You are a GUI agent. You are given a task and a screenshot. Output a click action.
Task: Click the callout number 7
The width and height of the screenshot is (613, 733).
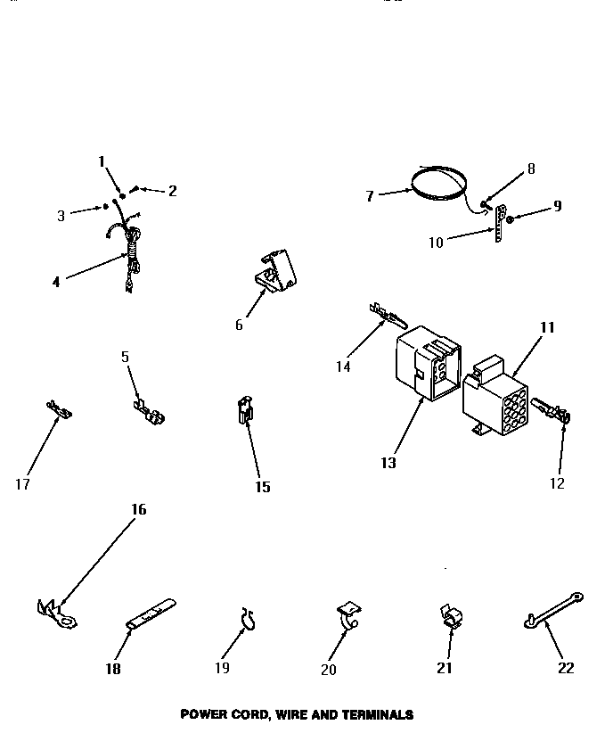(369, 196)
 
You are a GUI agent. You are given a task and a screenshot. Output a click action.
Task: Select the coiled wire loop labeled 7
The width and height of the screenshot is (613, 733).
(438, 182)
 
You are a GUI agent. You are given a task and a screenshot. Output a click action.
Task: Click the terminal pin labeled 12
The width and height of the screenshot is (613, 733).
(552, 412)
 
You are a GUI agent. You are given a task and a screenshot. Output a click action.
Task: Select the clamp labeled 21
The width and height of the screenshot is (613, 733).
(453, 616)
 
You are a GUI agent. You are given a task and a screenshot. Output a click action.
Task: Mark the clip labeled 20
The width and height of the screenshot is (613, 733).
(348, 614)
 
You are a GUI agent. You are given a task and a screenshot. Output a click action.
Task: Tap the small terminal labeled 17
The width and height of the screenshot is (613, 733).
(60, 411)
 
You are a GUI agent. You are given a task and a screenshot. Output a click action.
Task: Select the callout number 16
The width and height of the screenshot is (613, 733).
(138, 509)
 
